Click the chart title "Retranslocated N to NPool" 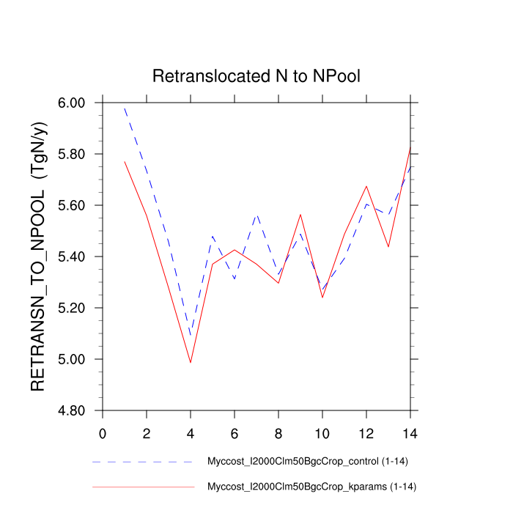(256, 76)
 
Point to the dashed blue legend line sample (143, 462)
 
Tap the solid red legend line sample (143, 486)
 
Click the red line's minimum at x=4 (191, 362)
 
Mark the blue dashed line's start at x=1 (125, 108)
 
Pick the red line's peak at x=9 (300, 215)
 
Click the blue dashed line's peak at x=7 (256, 215)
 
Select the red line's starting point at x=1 (125, 161)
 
